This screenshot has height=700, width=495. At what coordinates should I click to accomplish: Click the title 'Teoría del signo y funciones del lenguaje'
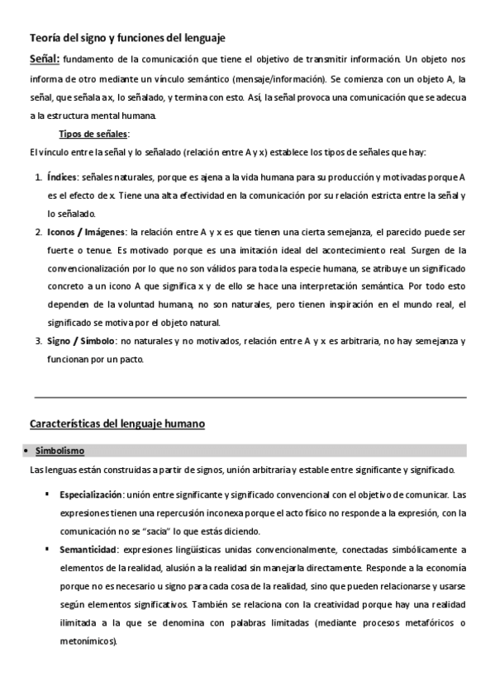pyautogui.click(x=127, y=38)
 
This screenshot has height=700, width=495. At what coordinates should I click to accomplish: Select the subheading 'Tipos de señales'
pyautogui.click(x=94, y=134)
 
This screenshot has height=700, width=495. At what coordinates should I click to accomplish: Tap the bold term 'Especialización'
pyautogui.click(x=91, y=494)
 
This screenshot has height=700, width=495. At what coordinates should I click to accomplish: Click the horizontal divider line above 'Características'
pyautogui.click(x=248, y=396)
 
